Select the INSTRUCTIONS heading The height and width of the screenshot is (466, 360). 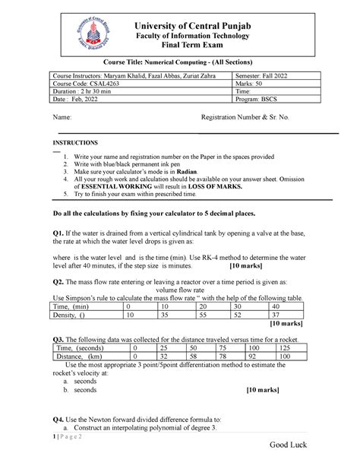click(x=74, y=143)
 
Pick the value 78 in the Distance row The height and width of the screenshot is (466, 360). click(x=223, y=356)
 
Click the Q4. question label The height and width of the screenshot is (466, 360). click(x=53, y=419)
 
